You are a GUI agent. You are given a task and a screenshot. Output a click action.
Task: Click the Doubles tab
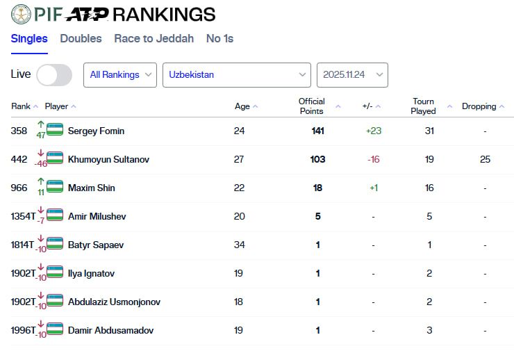pos(81,39)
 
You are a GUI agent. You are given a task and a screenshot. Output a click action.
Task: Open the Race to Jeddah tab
pos(154,39)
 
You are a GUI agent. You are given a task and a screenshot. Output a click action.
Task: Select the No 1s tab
pos(219,39)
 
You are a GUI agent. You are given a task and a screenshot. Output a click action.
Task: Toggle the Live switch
pos(54,75)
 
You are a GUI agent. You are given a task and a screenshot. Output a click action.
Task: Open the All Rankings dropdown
pos(120,75)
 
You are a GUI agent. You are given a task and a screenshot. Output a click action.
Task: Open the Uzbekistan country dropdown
pos(236,75)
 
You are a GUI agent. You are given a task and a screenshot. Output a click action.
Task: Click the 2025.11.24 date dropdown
pos(352,75)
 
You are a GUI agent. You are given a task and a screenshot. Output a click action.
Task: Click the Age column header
pos(242,106)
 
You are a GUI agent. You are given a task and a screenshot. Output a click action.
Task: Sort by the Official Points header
pos(312,106)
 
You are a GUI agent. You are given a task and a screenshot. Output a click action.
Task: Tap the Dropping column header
pos(479,106)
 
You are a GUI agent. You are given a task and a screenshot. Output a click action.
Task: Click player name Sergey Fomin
pos(96,131)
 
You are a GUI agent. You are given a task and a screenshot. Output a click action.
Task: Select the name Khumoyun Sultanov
pos(108,159)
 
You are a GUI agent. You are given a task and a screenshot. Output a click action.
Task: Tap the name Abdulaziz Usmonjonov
pos(114,302)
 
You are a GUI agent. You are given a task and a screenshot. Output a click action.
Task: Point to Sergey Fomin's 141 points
pos(317,131)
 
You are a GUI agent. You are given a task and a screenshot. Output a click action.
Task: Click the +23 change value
pos(374,131)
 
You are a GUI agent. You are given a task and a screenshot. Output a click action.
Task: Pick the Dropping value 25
pos(485,159)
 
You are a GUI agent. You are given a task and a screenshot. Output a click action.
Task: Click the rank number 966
pos(19,188)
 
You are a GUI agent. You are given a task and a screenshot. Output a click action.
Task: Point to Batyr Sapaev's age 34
pos(239,245)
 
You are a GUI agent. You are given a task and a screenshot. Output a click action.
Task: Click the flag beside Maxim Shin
pos(55,188)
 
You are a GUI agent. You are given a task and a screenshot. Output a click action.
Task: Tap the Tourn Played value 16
pos(429,188)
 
